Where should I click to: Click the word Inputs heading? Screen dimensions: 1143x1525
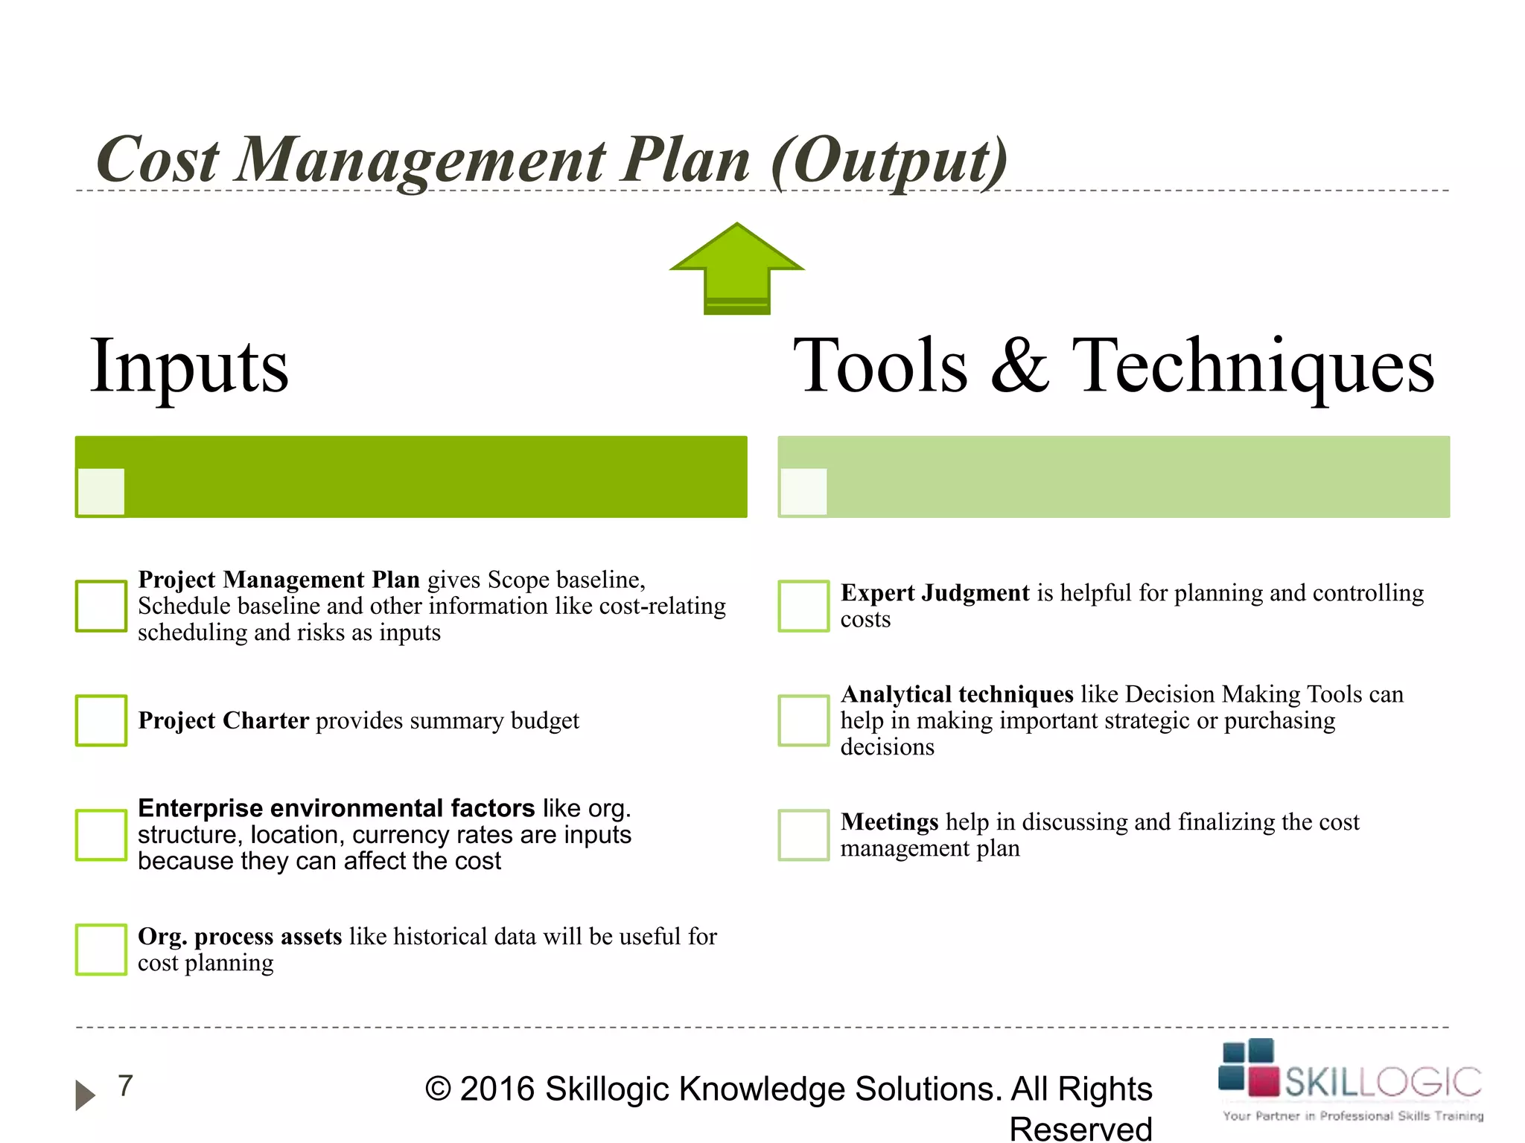pyautogui.click(x=189, y=366)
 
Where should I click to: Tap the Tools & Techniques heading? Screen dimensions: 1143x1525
pyautogui.click(x=1113, y=366)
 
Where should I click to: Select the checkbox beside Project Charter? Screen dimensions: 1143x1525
pyautogui.click(x=101, y=720)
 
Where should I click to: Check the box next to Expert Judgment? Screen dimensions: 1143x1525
pyautogui.click(x=803, y=606)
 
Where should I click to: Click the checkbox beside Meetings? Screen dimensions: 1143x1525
pyautogui.click(x=803, y=835)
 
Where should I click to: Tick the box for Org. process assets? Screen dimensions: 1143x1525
pyautogui.click(x=101, y=950)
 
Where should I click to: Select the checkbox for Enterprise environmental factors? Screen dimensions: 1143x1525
pyautogui.click(x=101, y=835)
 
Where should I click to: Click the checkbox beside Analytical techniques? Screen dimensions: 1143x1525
pyautogui.click(x=803, y=720)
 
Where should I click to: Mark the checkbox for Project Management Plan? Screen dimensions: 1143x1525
pyautogui.click(x=101, y=606)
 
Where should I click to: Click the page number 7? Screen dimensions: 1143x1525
pyautogui.click(x=125, y=1086)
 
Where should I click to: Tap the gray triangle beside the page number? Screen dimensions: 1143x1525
pyautogui.click(x=85, y=1095)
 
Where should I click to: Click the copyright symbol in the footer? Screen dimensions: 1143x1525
pyautogui.click(x=438, y=1089)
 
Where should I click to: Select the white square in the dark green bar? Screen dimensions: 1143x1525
pyautogui.click(x=101, y=491)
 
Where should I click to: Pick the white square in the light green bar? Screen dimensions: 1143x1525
pyautogui.click(x=803, y=491)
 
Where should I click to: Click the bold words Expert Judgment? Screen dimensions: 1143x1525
pyautogui.click(x=935, y=593)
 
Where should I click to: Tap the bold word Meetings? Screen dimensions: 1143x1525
pyautogui.click(x=889, y=822)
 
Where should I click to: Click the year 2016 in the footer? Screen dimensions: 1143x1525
pyautogui.click(x=497, y=1089)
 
